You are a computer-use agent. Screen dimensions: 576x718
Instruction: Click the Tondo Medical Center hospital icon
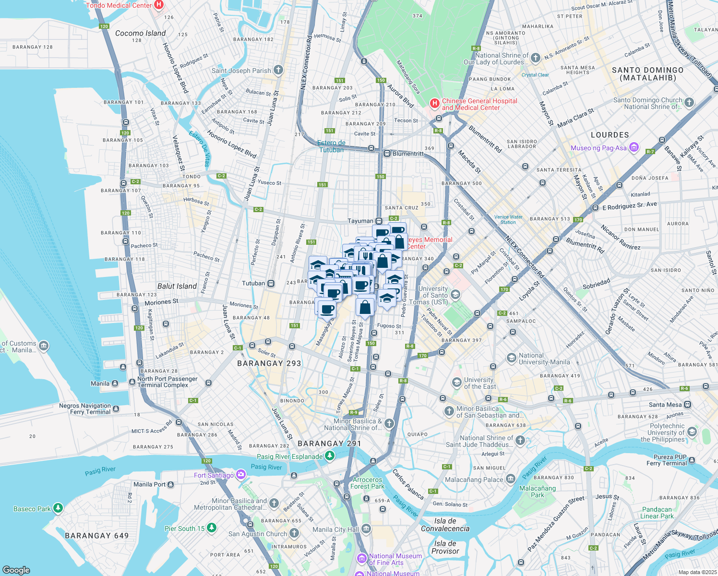(159, 5)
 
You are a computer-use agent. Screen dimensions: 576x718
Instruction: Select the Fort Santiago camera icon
(241, 475)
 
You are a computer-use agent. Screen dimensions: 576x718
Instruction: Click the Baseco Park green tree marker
(58, 508)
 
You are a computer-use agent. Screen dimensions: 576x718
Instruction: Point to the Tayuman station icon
(379, 221)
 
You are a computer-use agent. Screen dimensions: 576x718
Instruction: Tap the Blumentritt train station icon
(387, 154)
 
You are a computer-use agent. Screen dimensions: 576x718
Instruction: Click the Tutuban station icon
(271, 283)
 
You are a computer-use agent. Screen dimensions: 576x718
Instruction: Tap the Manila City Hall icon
(366, 529)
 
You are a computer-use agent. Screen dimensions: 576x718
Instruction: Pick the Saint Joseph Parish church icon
(278, 70)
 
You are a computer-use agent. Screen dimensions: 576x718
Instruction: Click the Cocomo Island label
(140, 33)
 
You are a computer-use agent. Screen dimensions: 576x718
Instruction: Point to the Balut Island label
(177, 286)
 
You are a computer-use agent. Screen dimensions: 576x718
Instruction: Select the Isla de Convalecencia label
(445, 525)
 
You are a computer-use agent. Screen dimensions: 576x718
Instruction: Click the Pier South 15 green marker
(212, 528)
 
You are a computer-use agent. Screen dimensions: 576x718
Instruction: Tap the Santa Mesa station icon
(688, 405)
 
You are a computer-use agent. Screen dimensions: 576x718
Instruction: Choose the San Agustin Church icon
(294, 533)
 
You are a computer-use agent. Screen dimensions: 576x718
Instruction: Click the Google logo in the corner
(16, 570)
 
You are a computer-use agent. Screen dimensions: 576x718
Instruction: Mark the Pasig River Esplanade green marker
(330, 456)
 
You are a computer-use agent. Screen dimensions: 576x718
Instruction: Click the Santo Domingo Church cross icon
(689, 102)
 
